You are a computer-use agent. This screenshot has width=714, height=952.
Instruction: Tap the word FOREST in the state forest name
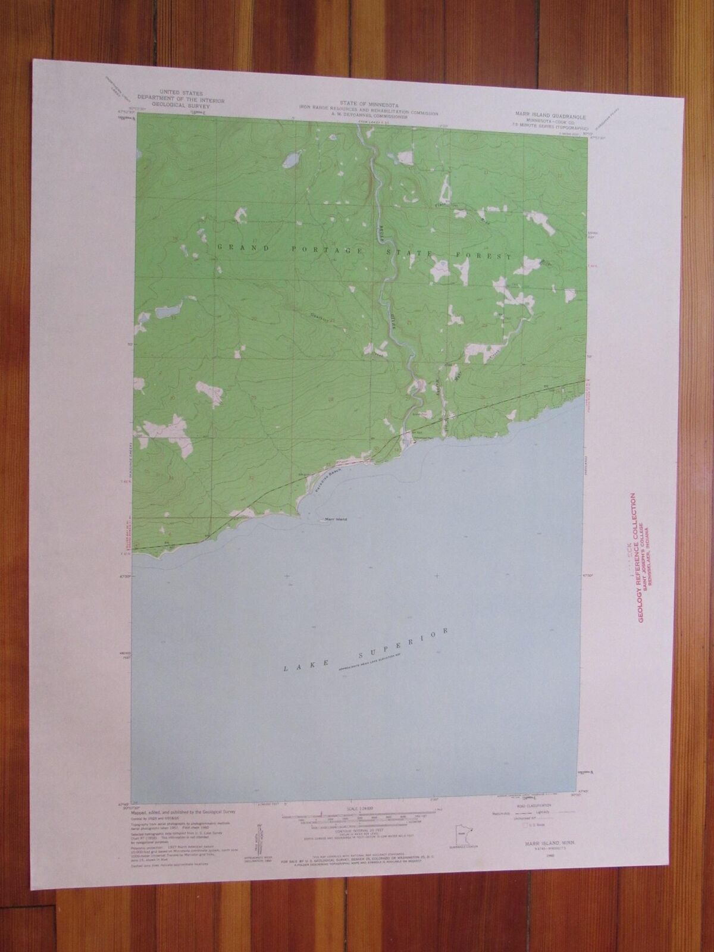(488, 256)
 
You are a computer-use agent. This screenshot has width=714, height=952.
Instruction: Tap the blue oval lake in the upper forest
(291, 160)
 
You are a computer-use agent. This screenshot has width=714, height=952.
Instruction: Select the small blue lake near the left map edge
(167, 311)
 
